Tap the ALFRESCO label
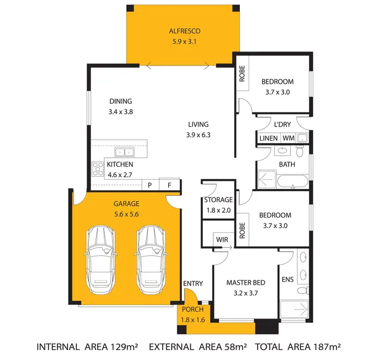(180, 30)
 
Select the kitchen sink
(125, 152)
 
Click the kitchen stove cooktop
(98, 168)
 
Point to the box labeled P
(150, 185)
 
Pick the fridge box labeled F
(169, 185)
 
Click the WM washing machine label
(288, 139)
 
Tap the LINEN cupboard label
(268, 139)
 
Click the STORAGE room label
(218, 200)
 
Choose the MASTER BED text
(246, 282)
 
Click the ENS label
(287, 280)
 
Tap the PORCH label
(192, 309)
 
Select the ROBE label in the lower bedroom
(242, 231)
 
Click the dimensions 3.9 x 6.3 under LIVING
(198, 134)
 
